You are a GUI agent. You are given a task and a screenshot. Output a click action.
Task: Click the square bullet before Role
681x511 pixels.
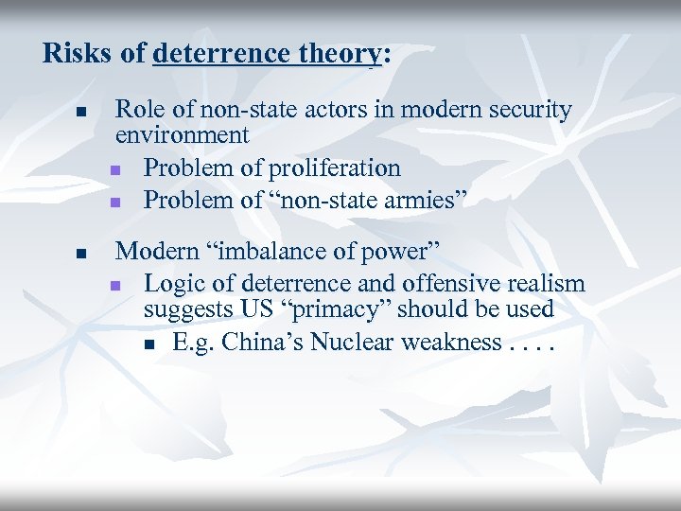pyautogui.click(x=81, y=113)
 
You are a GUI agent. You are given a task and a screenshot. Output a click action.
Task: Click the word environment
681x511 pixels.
pyautogui.click(x=182, y=134)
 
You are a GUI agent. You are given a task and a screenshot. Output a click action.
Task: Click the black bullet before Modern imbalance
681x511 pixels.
pyautogui.click(x=81, y=254)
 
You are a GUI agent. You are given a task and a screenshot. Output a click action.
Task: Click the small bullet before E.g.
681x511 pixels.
pyautogui.click(x=149, y=344)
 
